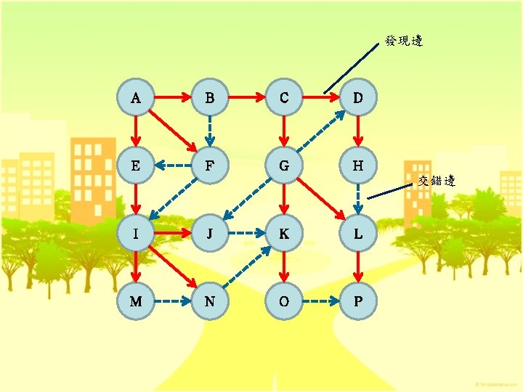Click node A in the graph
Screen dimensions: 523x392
click(x=136, y=96)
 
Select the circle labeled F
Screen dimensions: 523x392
click(x=209, y=166)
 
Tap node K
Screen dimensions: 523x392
click(x=283, y=233)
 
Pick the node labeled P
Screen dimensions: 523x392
click(x=357, y=300)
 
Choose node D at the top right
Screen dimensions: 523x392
click(x=357, y=96)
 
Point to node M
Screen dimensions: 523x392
click(x=136, y=300)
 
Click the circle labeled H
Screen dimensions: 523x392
click(x=357, y=166)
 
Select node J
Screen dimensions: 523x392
click(x=209, y=233)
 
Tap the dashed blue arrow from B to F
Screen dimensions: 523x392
click(x=209, y=131)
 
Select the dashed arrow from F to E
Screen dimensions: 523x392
click(x=172, y=166)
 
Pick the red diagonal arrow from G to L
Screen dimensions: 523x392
click(x=320, y=199)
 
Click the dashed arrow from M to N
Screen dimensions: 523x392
click(x=172, y=300)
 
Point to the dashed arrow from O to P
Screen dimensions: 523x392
click(x=320, y=300)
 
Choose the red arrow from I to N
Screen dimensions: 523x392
click(x=172, y=266)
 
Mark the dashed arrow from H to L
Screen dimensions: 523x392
click(x=357, y=199)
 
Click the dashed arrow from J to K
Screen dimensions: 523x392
click(x=246, y=233)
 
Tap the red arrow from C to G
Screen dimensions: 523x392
click(x=283, y=131)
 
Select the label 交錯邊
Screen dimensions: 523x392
click(x=436, y=181)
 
